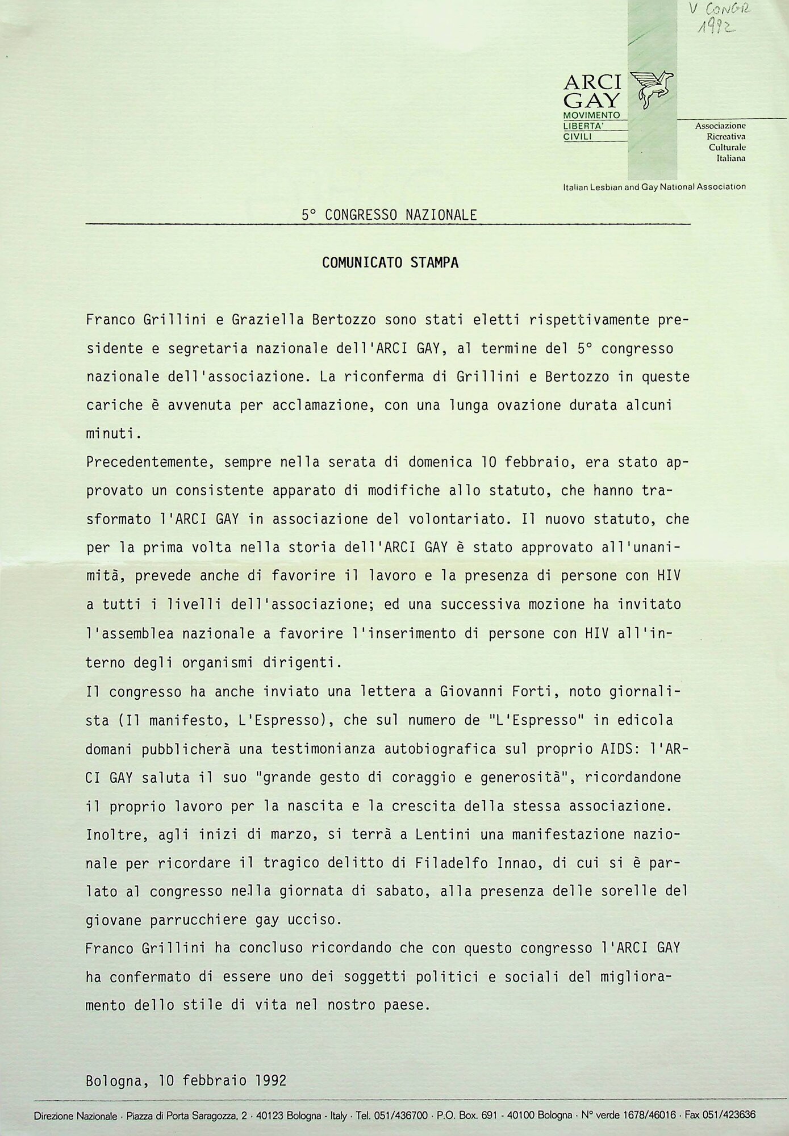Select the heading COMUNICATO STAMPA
point(390,263)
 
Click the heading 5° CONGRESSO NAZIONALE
point(389,215)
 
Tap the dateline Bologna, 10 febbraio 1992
point(186,1080)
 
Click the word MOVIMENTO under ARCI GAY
point(591,115)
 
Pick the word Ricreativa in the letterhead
point(726,136)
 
